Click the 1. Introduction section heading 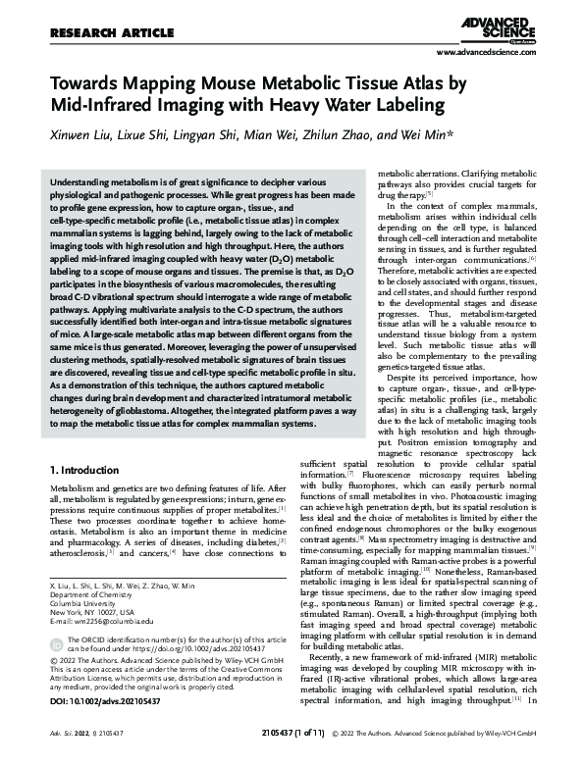coord(94,472)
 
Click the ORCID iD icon coord(57,644)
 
